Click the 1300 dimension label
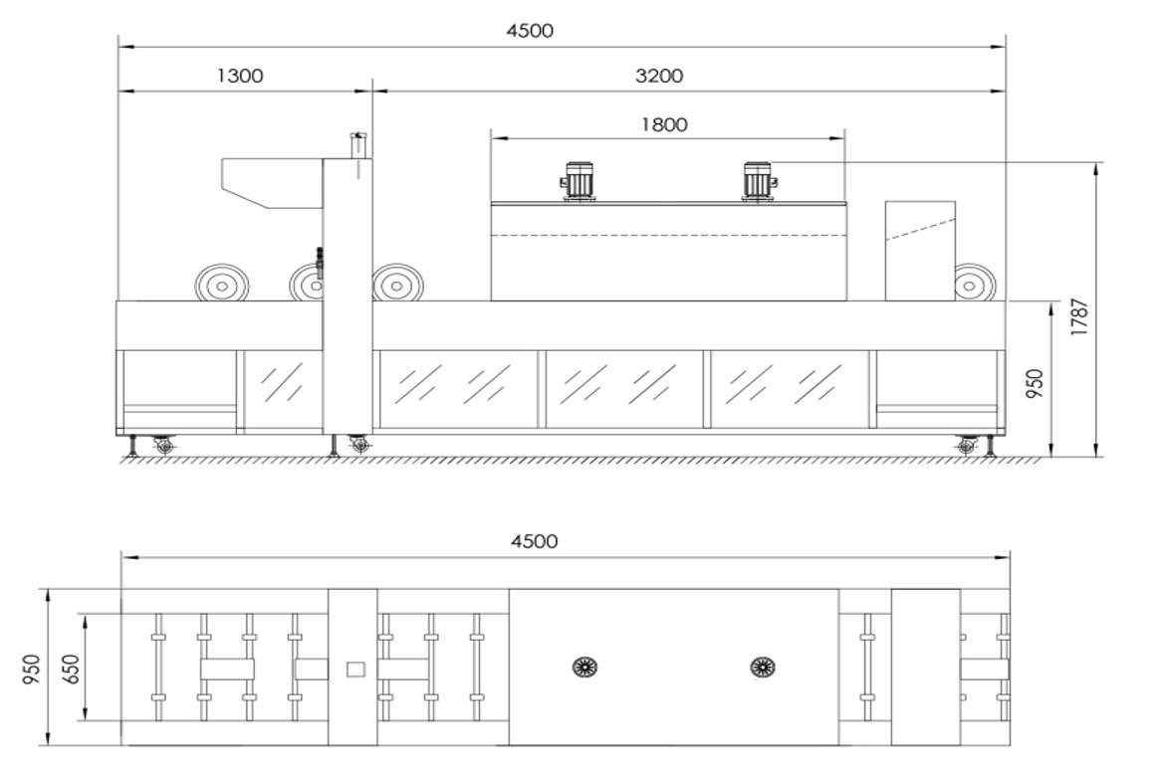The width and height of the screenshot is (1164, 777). [x=240, y=76]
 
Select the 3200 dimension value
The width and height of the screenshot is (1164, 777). [x=659, y=76]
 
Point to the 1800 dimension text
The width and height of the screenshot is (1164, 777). [x=664, y=124]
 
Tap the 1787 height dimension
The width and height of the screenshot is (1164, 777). [x=1079, y=317]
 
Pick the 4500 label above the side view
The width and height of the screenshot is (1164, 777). [x=530, y=31]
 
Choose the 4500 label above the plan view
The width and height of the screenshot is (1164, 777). [x=535, y=541]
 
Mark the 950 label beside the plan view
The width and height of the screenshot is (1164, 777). [x=31, y=669]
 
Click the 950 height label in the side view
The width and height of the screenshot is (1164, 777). [x=1035, y=384]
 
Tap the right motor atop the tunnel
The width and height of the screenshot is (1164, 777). [x=759, y=181]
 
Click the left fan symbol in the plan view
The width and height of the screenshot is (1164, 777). [x=585, y=667]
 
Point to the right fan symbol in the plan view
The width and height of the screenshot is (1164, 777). [x=763, y=667]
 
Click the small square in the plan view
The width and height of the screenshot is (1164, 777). [x=356, y=670]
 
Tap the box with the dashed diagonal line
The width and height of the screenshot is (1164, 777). [x=920, y=251]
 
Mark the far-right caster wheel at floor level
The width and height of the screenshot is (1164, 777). [x=967, y=446]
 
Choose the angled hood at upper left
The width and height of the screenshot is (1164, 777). [x=273, y=183]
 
